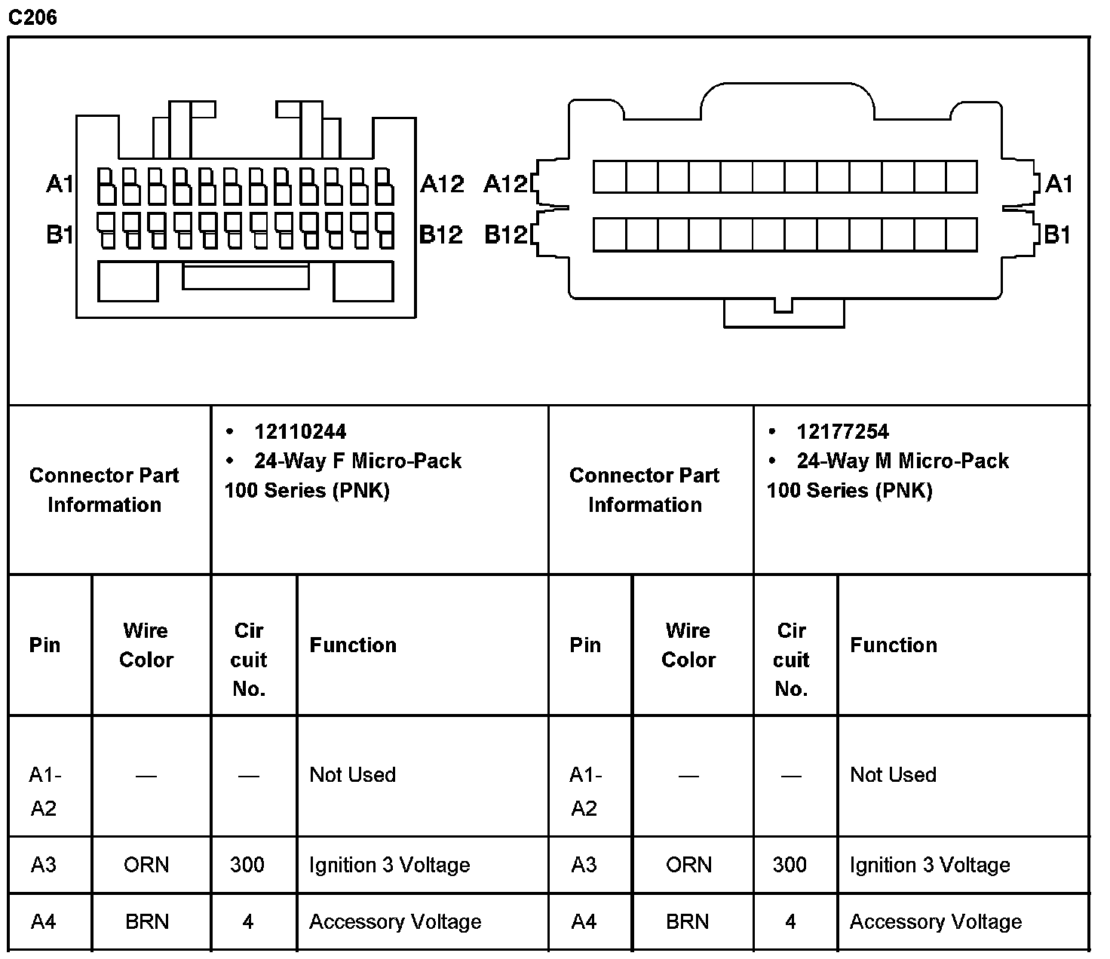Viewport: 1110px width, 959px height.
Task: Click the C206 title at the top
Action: tap(32, 17)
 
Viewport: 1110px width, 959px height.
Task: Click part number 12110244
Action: tap(300, 432)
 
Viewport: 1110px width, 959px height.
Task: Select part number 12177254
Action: tap(842, 432)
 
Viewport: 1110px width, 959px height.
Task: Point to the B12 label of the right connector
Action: tap(506, 234)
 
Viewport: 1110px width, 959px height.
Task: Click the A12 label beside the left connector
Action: tap(442, 183)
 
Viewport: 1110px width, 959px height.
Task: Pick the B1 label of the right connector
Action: tap(1057, 234)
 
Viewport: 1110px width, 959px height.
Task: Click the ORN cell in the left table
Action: tap(146, 865)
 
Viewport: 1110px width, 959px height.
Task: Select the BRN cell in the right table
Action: tap(688, 921)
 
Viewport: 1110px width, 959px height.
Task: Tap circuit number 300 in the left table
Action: tap(247, 865)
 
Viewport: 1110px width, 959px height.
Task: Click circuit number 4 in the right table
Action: tap(790, 921)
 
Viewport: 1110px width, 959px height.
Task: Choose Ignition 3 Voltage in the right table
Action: tap(930, 865)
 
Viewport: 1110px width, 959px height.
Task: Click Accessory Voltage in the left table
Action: tap(395, 921)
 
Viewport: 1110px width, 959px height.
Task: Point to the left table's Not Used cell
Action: tap(352, 774)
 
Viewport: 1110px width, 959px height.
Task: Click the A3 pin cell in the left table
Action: tap(44, 865)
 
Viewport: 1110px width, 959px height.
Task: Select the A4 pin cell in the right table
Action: tap(584, 921)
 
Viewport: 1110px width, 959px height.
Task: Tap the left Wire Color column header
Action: tap(146, 645)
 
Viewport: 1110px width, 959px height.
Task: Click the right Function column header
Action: tap(894, 645)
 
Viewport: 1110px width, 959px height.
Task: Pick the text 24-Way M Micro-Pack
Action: tap(903, 461)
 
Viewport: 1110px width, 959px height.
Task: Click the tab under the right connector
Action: tap(783, 314)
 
